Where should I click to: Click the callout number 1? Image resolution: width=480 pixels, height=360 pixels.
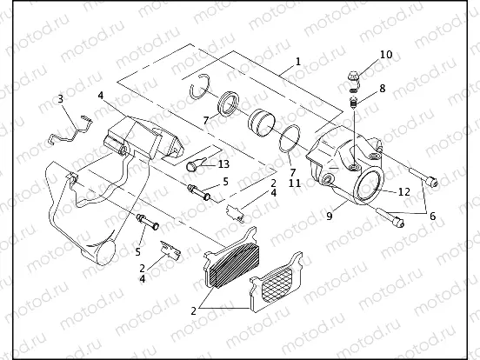(297, 62)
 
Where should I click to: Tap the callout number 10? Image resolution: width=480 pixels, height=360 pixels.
(386, 55)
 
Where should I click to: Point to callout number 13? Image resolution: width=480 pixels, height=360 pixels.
(223, 164)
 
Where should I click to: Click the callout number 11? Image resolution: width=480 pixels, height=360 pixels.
(295, 183)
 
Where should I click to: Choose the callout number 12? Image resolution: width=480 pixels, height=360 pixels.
(403, 190)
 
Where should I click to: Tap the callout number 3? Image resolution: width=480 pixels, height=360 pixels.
(60, 98)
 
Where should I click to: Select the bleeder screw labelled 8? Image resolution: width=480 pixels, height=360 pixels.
(355, 103)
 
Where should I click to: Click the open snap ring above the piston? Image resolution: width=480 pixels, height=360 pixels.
(202, 84)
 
